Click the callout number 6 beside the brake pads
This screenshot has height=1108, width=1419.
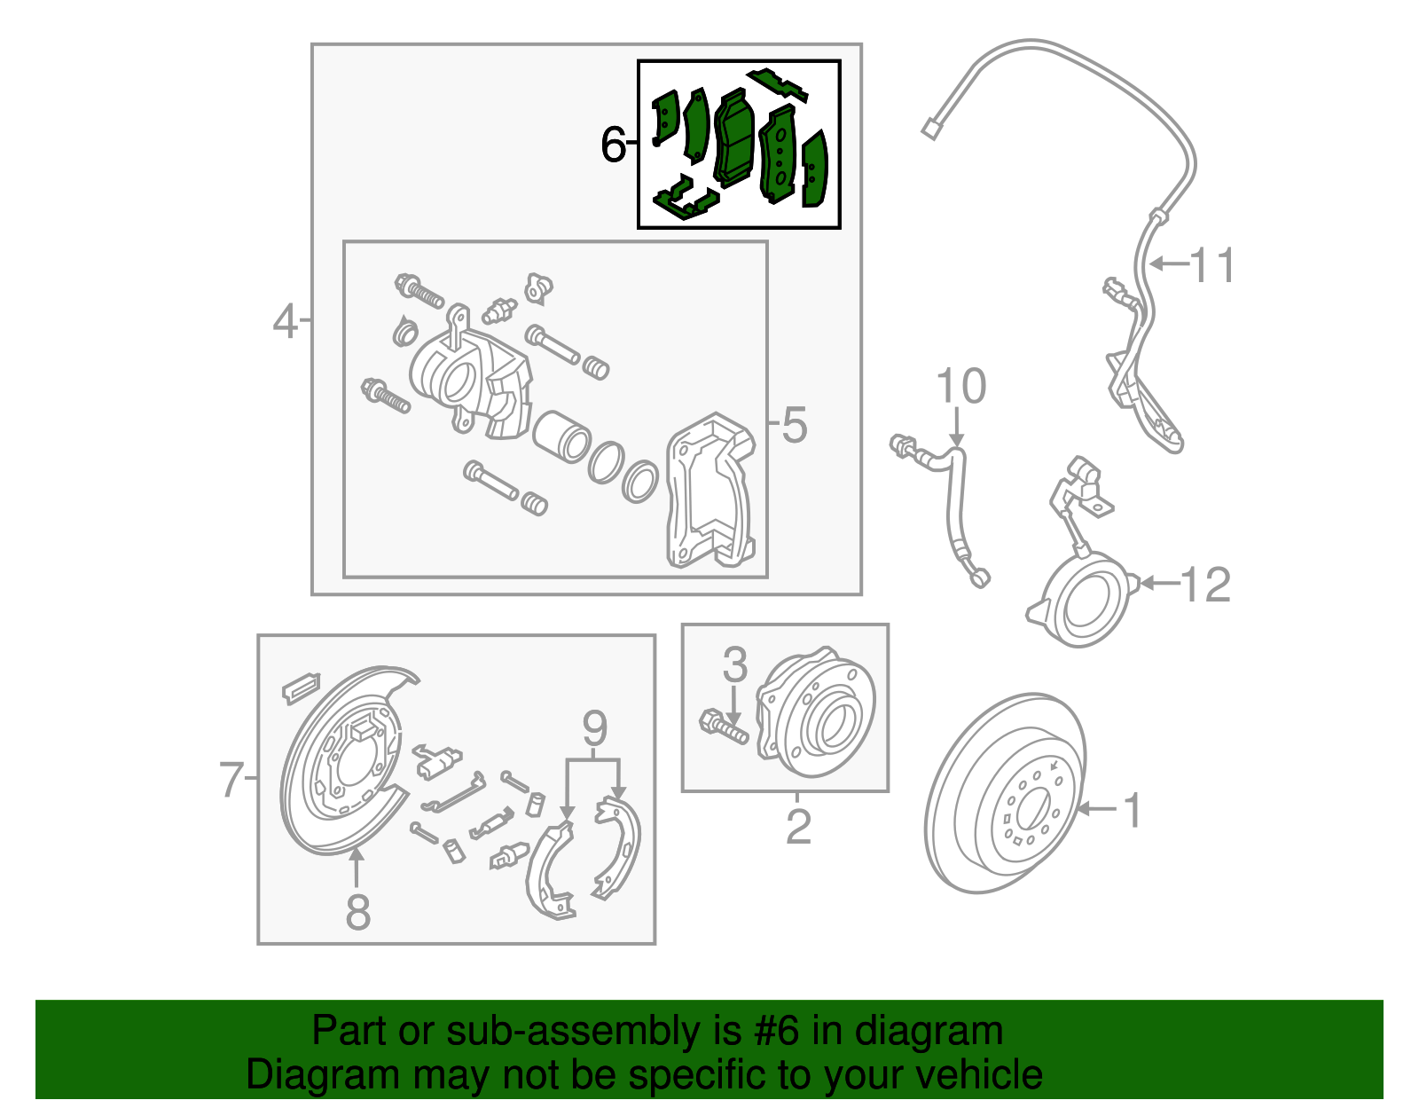tap(612, 145)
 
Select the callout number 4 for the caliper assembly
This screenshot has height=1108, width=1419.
tap(285, 321)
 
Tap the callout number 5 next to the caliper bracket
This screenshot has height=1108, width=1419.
tap(794, 425)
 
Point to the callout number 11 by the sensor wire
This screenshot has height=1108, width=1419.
tap(1211, 265)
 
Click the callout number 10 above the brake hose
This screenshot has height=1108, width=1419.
tap(960, 387)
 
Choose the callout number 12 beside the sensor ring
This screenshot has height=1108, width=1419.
tap(1205, 585)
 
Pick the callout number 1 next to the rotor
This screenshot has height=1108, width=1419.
tap(1133, 810)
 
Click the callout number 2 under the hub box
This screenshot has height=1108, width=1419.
tap(798, 827)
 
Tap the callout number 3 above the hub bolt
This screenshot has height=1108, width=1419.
tap(734, 664)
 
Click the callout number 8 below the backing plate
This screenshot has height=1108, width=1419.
tap(357, 911)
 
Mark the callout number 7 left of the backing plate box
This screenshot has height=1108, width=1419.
tap(231, 780)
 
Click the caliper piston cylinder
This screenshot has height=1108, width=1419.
tap(561, 436)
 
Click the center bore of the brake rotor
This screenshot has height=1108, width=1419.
tap(1031, 811)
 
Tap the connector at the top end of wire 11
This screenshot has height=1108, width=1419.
tap(930, 130)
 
